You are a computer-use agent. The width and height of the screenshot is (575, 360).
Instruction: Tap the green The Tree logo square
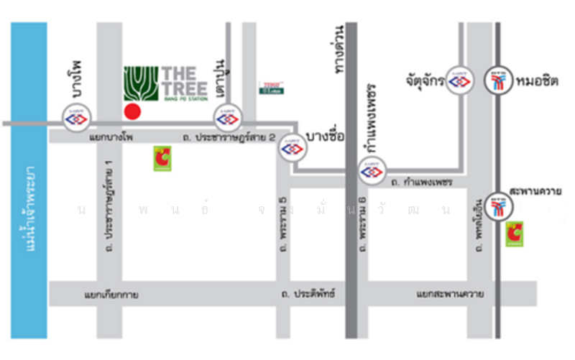(x=140, y=84)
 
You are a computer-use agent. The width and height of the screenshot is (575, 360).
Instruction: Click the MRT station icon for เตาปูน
(x=227, y=117)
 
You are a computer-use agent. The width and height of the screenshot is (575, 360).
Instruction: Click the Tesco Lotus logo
(x=271, y=88)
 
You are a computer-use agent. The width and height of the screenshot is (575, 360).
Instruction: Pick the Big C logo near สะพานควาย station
(x=514, y=234)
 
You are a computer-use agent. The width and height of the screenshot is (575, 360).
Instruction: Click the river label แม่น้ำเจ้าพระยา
(x=29, y=208)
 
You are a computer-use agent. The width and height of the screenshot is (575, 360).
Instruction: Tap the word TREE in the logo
(x=185, y=88)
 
